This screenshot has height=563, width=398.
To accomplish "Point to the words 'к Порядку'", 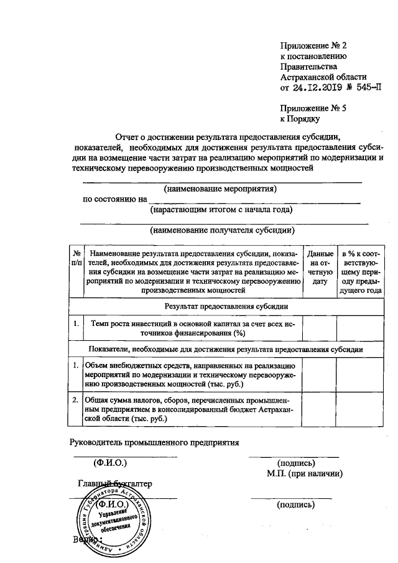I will (300, 118).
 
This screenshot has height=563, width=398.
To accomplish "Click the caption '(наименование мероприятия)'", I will (220, 188).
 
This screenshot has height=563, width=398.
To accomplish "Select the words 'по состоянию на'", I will (115, 200).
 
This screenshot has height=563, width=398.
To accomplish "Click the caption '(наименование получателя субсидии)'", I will (222, 230).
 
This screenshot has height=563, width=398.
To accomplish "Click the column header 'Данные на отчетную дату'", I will (320, 268).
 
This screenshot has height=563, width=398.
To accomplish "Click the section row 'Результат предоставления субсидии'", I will (226, 306).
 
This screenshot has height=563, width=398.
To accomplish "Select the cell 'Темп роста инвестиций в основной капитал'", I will (193, 328).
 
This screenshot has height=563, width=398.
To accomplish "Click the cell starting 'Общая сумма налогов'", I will (193, 409).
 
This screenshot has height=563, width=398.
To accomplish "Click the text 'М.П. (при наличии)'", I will (304, 473).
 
